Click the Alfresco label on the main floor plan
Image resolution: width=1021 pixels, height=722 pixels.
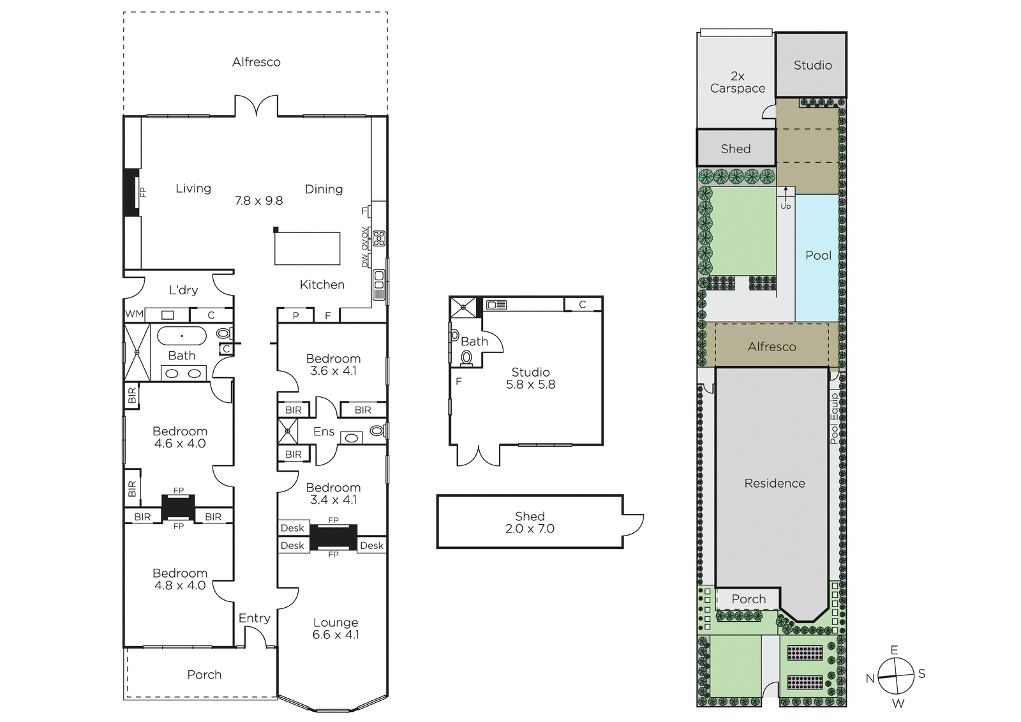[256, 62]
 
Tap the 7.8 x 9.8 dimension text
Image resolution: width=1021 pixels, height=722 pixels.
[259, 200]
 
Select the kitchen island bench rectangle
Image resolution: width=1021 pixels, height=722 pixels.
[307, 248]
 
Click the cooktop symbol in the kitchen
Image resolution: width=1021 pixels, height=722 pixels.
[379, 239]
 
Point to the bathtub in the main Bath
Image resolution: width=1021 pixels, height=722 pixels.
[182, 336]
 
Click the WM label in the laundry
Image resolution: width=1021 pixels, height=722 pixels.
[134, 314]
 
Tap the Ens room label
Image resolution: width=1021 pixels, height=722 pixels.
[324, 432]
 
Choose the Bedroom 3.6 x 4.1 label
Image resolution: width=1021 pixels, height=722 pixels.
[333, 365]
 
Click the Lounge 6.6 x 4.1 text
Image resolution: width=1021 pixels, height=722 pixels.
[336, 629]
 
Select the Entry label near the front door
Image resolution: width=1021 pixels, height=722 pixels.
[255, 618]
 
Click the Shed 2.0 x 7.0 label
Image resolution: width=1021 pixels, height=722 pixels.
[530, 522]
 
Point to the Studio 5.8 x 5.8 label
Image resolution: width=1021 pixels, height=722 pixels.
[530, 378]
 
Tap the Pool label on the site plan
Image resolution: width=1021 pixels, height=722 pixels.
[818, 255]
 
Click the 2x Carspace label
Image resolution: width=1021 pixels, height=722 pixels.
[738, 82]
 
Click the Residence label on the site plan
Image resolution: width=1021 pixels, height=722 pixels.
[775, 483]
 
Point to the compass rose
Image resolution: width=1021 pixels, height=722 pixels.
[896, 676]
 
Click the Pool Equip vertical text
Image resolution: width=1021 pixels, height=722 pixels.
[833, 419]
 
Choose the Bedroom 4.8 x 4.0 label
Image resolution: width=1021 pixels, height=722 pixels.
[180, 579]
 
